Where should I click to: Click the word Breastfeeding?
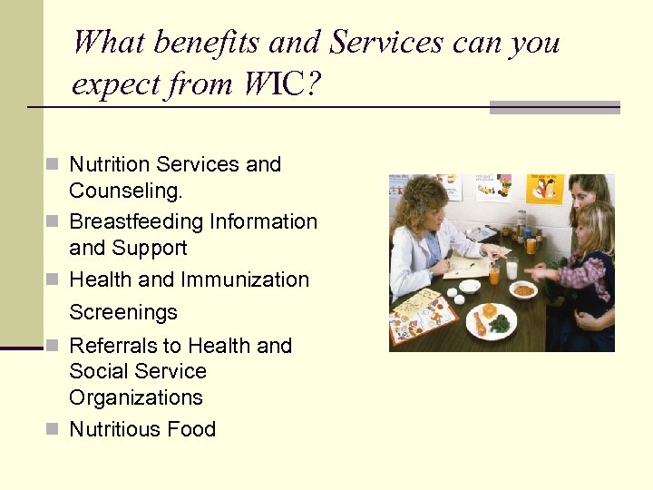136,221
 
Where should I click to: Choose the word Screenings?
123,312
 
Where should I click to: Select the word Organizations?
136,397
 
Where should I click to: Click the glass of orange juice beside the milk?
494,271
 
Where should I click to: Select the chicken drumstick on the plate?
478,323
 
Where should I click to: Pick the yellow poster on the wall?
545,189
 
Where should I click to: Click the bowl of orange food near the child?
523,290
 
